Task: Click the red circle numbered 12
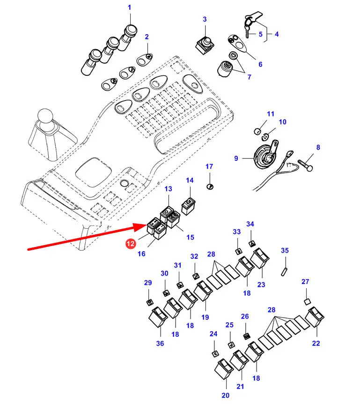[130, 243]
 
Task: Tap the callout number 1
[130, 7]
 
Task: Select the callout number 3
[205, 19]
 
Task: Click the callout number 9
[236, 159]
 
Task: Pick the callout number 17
[209, 167]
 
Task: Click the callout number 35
[285, 250]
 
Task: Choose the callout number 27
[305, 282]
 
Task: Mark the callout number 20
[225, 396]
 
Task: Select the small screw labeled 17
[210, 187]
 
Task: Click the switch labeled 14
[189, 206]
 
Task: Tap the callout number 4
[276, 34]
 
